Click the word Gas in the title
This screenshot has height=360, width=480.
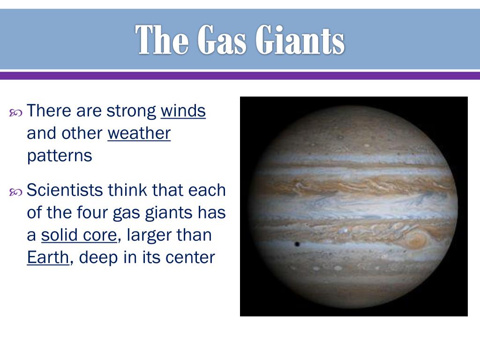tap(222, 39)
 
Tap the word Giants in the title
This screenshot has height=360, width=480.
tap(300, 39)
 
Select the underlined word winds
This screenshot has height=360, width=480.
tap(183, 111)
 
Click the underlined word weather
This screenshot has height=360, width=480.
tap(139, 134)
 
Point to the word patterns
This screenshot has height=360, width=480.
tap(60, 156)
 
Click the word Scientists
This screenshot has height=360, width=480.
tap(65, 190)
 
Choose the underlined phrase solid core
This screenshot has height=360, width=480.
tap(79, 235)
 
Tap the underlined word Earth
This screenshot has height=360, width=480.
tap(48, 257)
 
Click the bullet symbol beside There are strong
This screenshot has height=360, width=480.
tap(15, 113)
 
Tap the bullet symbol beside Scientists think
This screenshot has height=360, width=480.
tap(15, 192)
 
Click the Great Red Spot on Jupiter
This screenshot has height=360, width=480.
tap(415, 240)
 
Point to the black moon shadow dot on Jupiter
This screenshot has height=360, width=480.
tap(297, 244)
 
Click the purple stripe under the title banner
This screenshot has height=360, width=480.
tap(240, 75)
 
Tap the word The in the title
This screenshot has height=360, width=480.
tap(161, 39)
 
